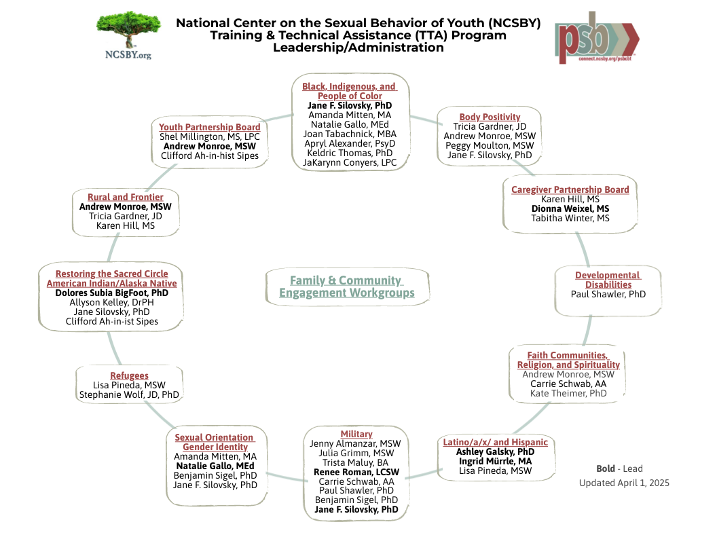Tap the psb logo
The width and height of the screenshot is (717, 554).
pyautogui.click(x=597, y=37)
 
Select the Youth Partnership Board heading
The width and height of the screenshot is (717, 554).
pyautogui.click(x=209, y=127)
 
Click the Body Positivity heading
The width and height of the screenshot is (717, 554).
pyautogui.click(x=490, y=117)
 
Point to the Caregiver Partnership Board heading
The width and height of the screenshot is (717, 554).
pyautogui.click(x=570, y=189)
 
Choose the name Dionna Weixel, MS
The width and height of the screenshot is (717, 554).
pyautogui.click(x=570, y=208)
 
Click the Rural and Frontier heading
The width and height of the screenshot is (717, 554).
pyautogui.click(x=126, y=197)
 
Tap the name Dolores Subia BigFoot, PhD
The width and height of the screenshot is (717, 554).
pyautogui.click(x=111, y=293)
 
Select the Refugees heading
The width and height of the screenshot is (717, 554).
pyautogui.click(x=130, y=375)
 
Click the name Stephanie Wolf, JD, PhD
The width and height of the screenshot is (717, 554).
pyautogui.click(x=130, y=394)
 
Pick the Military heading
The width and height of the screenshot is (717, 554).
pyautogui.click(x=356, y=434)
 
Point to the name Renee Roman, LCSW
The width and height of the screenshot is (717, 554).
pyautogui.click(x=356, y=472)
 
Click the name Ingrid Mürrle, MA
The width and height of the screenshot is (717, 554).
pyautogui.click(x=495, y=461)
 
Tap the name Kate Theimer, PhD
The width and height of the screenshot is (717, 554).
pyautogui.click(x=568, y=393)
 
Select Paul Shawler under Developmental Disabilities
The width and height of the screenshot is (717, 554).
pyautogui.click(x=608, y=294)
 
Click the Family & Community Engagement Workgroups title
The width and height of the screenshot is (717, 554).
pyautogui.click(x=346, y=287)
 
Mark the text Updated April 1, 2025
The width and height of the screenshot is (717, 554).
pyautogui.click(x=624, y=483)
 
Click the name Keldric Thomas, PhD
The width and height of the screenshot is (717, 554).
pyautogui.click(x=350, y=153)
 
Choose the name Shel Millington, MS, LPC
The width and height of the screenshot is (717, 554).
pyautogui.click(x=209, y=136)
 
